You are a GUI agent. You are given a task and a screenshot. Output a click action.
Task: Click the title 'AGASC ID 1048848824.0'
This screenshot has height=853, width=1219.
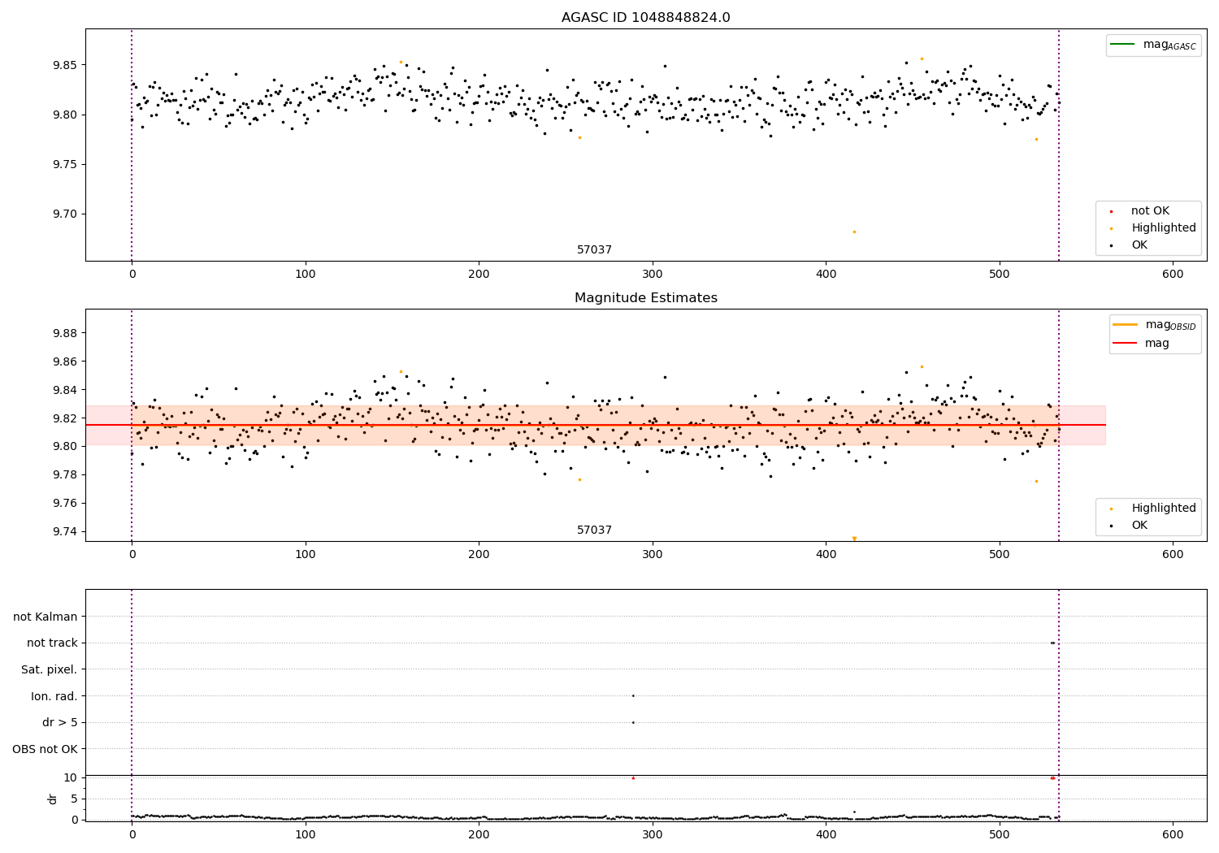tap(645, 18)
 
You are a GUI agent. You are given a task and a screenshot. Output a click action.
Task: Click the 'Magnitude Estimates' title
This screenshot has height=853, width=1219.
tap(645, 298)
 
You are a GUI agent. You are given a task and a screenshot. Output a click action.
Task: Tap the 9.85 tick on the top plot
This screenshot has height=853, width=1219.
tap(64, 65)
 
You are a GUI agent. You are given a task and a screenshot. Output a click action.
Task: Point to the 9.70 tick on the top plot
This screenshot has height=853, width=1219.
tap(64, 214)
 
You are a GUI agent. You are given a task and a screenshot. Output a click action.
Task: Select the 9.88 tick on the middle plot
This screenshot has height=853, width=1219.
tap(64, 333)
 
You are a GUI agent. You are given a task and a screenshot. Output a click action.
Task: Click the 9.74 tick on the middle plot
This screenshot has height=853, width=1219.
tap(64, 531)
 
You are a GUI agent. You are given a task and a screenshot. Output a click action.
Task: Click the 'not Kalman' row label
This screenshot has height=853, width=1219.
tap(46, 617)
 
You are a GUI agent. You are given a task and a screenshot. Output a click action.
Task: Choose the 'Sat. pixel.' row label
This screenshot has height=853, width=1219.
tap(49, 669)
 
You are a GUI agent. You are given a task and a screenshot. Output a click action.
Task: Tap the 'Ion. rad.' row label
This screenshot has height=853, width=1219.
tap(54, 696)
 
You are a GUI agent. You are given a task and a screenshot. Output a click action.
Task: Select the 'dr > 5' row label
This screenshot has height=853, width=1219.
tap(59, 722)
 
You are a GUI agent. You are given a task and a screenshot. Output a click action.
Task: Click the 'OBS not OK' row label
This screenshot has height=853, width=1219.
tap(45, 749)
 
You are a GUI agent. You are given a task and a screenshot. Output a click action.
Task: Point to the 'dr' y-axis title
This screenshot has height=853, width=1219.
tap(53, 799)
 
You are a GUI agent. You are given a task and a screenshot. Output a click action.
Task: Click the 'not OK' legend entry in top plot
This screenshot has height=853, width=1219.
tap(1150, 211)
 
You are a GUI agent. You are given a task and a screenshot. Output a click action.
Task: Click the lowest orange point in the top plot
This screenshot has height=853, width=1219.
tap(854, 232)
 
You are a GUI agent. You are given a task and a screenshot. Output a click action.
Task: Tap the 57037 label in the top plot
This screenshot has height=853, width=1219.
tap(594, 250)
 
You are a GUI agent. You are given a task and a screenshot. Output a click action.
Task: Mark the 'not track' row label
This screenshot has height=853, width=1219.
tap(52, 643)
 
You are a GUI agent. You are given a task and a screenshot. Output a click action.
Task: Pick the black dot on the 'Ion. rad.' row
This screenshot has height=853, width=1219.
tap(633, 695)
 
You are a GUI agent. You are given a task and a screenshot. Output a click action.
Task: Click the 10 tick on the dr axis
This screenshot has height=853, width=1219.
tap(70, 777)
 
